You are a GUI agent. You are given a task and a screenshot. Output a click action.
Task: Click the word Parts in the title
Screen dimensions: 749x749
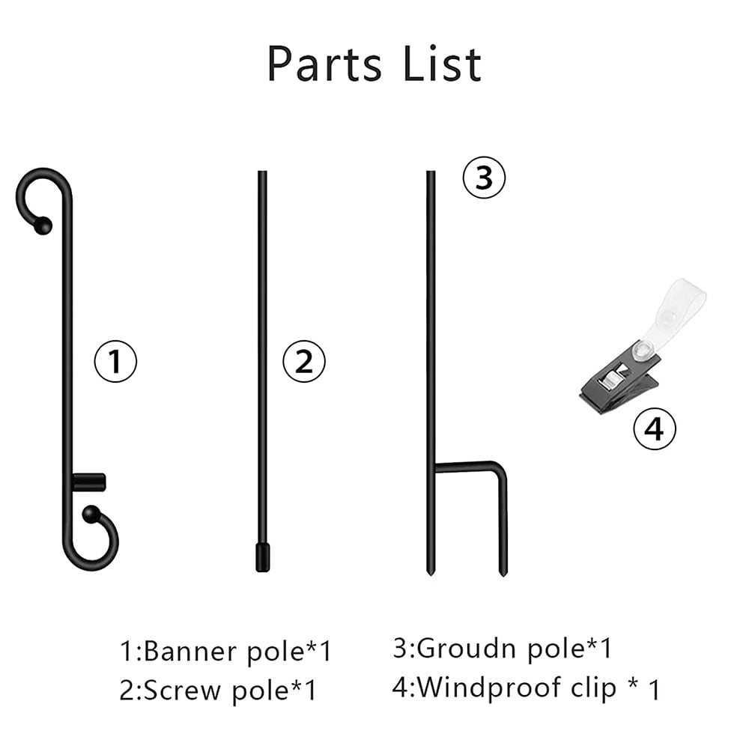[324, 64]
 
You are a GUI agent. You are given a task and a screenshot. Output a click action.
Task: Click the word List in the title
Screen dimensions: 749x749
[443, 64]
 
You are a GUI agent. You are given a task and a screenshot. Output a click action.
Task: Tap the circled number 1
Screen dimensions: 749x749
[115, 361]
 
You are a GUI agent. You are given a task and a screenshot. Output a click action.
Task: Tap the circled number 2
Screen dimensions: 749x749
[304, 361]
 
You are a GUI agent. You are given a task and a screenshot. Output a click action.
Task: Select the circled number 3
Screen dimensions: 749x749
[484, 178]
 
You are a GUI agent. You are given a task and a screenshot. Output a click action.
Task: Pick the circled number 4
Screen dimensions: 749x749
[655, 428]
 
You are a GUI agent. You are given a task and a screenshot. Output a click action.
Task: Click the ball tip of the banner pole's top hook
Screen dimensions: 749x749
[43, 225]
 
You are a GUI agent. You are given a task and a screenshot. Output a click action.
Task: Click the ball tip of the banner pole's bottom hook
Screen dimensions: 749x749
[91, 515]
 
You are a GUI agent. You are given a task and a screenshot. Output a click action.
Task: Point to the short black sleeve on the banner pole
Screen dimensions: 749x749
[89, 482]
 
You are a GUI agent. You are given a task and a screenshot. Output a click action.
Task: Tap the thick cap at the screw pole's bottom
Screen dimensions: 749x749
[262, 557]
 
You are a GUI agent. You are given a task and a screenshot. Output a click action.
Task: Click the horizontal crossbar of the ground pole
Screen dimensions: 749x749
[466, 467]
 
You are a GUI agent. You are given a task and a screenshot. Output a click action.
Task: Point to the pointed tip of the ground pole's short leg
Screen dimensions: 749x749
[503, 572]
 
